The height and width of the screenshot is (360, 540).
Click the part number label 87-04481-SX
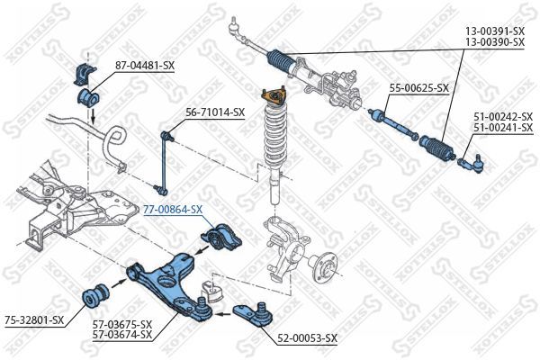click(x=144, y=65)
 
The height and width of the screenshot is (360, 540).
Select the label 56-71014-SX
click(x=215, y=112)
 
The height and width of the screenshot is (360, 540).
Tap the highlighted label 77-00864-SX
click(x=174, y=209)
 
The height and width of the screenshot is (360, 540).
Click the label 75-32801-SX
click(x=33, y=319)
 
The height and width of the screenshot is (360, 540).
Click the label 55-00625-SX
click(x=418, y=87)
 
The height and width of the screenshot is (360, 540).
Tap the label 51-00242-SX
click(x=503, y=116)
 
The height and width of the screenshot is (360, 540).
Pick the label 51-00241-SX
click(x=503, y=128)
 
